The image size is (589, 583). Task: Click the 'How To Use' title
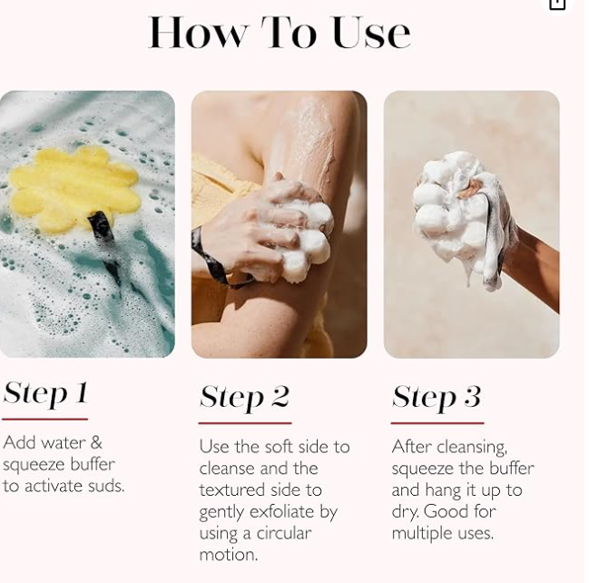click(279, 33)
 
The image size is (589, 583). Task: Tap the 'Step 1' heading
click(45, 393)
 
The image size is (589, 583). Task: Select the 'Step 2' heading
click(244, 398)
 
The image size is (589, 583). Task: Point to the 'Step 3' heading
click(437, 398)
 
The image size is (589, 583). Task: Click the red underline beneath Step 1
click(44, 419)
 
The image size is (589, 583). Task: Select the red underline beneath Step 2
click(245, 423)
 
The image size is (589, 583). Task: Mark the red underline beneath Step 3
click(437, 423)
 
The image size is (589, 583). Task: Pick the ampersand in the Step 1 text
click(96, 442)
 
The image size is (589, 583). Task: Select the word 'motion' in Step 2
click(228, 555)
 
